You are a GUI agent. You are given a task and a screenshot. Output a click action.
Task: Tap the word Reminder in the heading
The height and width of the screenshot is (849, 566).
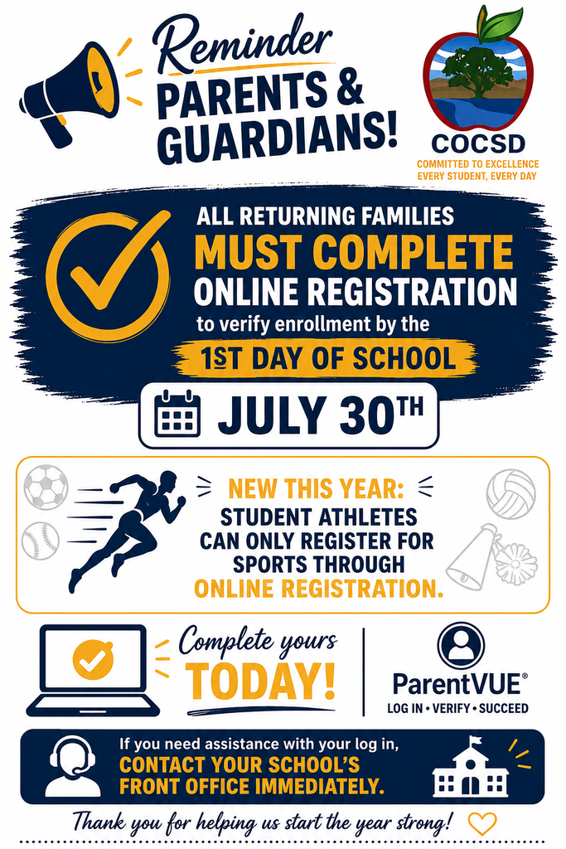click(x=243, y=47)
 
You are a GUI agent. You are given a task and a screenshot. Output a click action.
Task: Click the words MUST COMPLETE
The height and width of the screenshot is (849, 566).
click(x=353, y=252)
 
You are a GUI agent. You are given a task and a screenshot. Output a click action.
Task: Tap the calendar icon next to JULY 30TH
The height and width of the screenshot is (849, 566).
click(x=177, y=414)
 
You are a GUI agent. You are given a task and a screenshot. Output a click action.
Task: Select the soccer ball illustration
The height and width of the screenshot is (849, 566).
click(x=46, y=487)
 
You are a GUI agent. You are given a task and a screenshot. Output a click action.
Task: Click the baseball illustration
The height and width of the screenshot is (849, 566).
click(x=40, y=540)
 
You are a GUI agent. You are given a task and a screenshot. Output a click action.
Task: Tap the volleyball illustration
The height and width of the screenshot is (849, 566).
click(x=510, y=493)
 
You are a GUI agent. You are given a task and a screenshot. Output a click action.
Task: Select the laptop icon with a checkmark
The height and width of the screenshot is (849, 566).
click(x=93, y=670)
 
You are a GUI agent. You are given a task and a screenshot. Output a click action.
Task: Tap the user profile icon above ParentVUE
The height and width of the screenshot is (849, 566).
click(x=461, y=645)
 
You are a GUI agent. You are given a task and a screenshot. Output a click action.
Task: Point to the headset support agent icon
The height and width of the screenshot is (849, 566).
click(x=72, y=765)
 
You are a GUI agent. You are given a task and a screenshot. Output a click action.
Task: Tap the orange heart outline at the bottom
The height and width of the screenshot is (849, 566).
click(x=481, y=823)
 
